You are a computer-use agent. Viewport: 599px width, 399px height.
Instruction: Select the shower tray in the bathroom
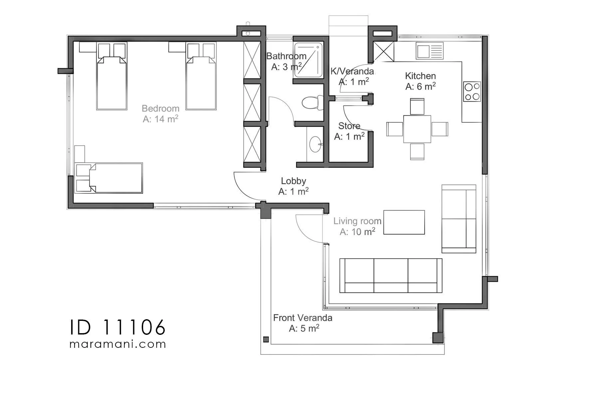(308, 60)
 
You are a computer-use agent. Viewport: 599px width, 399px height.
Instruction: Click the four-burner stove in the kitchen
(472, 92)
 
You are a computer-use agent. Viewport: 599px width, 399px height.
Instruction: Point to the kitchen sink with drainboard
(430, 51)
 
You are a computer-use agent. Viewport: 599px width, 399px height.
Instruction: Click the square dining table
(417, 129)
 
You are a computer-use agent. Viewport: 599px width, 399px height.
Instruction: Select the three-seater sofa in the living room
(391, 276)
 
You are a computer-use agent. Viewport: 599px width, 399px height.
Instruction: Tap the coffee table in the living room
(404, 222)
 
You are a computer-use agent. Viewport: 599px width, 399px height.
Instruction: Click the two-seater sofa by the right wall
(459, 219)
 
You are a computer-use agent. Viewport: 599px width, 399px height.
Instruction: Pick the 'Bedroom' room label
(160, 108)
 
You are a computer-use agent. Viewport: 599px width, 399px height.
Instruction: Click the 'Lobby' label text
(294, 181)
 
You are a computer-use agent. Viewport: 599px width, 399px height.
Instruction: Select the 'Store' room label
(349, 126)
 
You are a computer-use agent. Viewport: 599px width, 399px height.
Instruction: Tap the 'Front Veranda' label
(302, 318)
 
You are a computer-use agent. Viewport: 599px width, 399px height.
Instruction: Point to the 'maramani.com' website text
(117, 344)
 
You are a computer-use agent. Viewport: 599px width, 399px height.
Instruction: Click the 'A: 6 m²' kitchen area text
(420, 86)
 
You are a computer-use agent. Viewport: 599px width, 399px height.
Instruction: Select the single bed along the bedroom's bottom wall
(109, 178)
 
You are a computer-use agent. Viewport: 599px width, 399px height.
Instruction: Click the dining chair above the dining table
(417, 106)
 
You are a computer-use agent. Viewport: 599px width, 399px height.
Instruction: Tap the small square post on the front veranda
(266, 339)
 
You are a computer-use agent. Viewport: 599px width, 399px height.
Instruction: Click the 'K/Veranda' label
(352, 71)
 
